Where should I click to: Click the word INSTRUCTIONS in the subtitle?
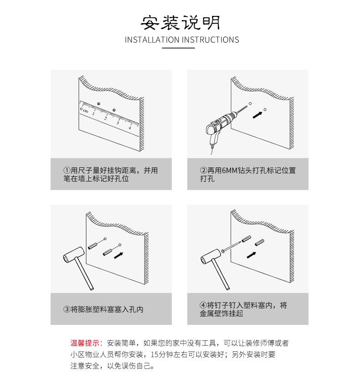211,40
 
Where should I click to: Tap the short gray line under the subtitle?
179,48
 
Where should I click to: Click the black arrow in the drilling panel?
257,115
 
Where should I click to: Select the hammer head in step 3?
74,255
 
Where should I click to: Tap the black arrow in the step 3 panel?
118,256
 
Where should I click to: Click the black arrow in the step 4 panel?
252,255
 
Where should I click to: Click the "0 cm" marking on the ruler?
84,110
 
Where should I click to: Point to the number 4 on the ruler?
130,127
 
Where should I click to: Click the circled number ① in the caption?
67,170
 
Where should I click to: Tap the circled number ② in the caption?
203,170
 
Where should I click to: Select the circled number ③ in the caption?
67,309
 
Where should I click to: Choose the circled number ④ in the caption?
203,305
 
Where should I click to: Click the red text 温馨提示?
85,343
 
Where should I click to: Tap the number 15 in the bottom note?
154,354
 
